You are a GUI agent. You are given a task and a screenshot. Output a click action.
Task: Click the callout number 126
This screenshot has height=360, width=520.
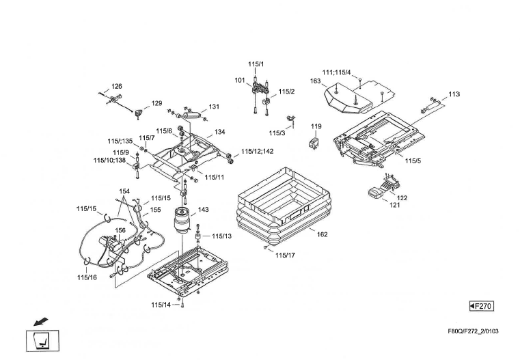[x=117, y=87]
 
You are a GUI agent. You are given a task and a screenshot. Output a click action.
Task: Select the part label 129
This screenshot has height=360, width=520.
[x=156, y=103]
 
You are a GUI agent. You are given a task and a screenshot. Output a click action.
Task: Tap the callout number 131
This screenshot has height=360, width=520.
[x=214, y=107]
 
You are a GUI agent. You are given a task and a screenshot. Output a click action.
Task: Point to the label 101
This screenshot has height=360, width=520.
[x=240, y=81]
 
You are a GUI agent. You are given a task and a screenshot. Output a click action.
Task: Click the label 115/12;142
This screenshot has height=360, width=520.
[x=258, y=151]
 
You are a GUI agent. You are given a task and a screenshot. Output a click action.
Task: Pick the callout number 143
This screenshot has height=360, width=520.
[x=204, y=209]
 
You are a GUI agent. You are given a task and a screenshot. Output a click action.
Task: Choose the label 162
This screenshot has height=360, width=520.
[x=323, y=234]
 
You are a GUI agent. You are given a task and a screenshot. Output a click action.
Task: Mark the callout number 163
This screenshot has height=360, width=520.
[x=315, y=81]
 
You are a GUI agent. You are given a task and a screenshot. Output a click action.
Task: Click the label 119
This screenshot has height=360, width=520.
[x=316, y=127]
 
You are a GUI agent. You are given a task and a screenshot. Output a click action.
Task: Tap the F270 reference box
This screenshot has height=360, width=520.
[x=481, y=305]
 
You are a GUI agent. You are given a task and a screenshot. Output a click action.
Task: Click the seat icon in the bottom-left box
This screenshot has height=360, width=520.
[x=42, y=340]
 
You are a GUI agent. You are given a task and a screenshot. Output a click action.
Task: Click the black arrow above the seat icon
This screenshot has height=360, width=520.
[x=41, y=319]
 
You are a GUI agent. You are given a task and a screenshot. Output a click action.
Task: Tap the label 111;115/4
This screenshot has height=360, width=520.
[x=336, y=72]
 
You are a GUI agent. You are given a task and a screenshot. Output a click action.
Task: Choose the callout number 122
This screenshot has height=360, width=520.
[x=402, y=197]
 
